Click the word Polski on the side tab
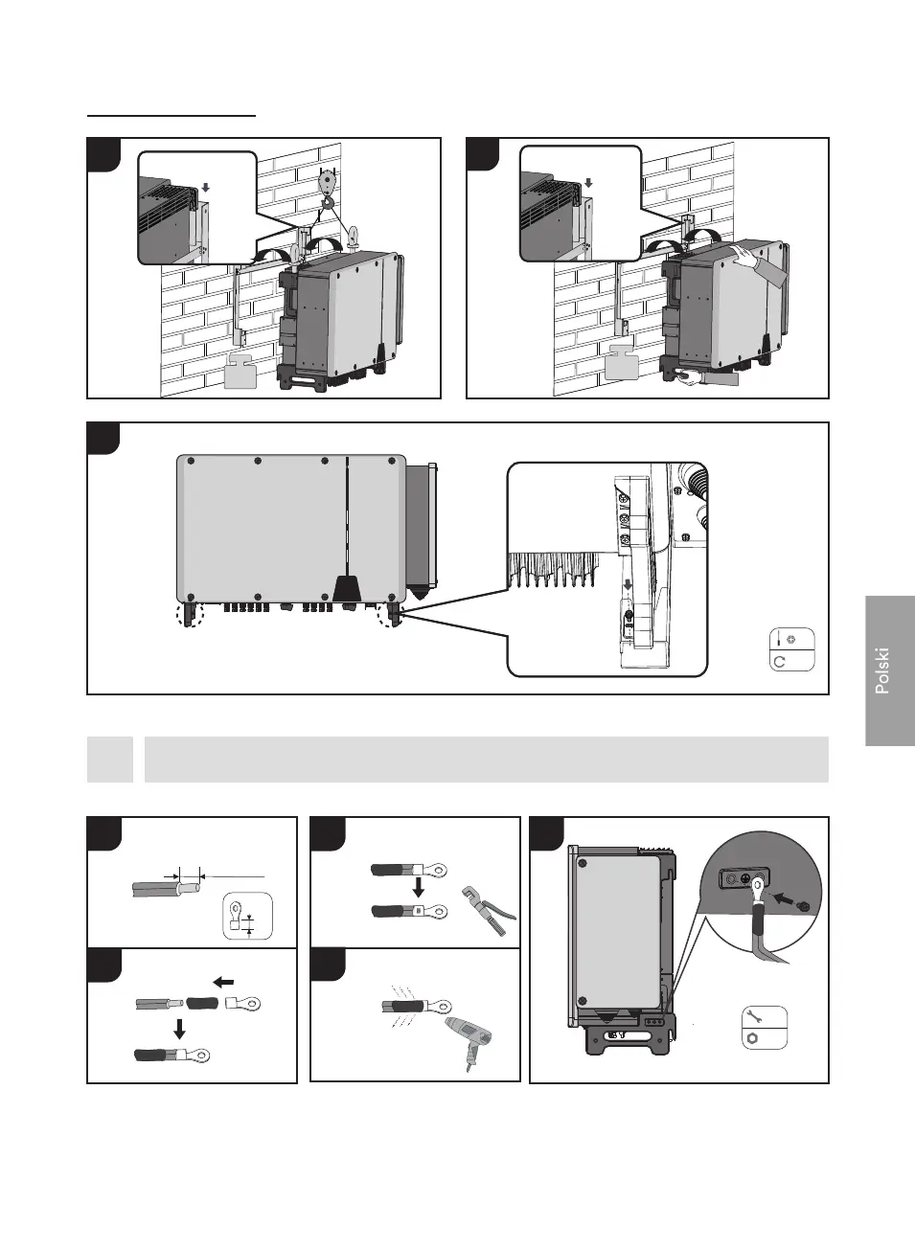click(883, 670)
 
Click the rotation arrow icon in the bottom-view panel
click(779, 661)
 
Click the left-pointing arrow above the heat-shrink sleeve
click(223, 982)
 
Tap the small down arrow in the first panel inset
click(205, 189)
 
